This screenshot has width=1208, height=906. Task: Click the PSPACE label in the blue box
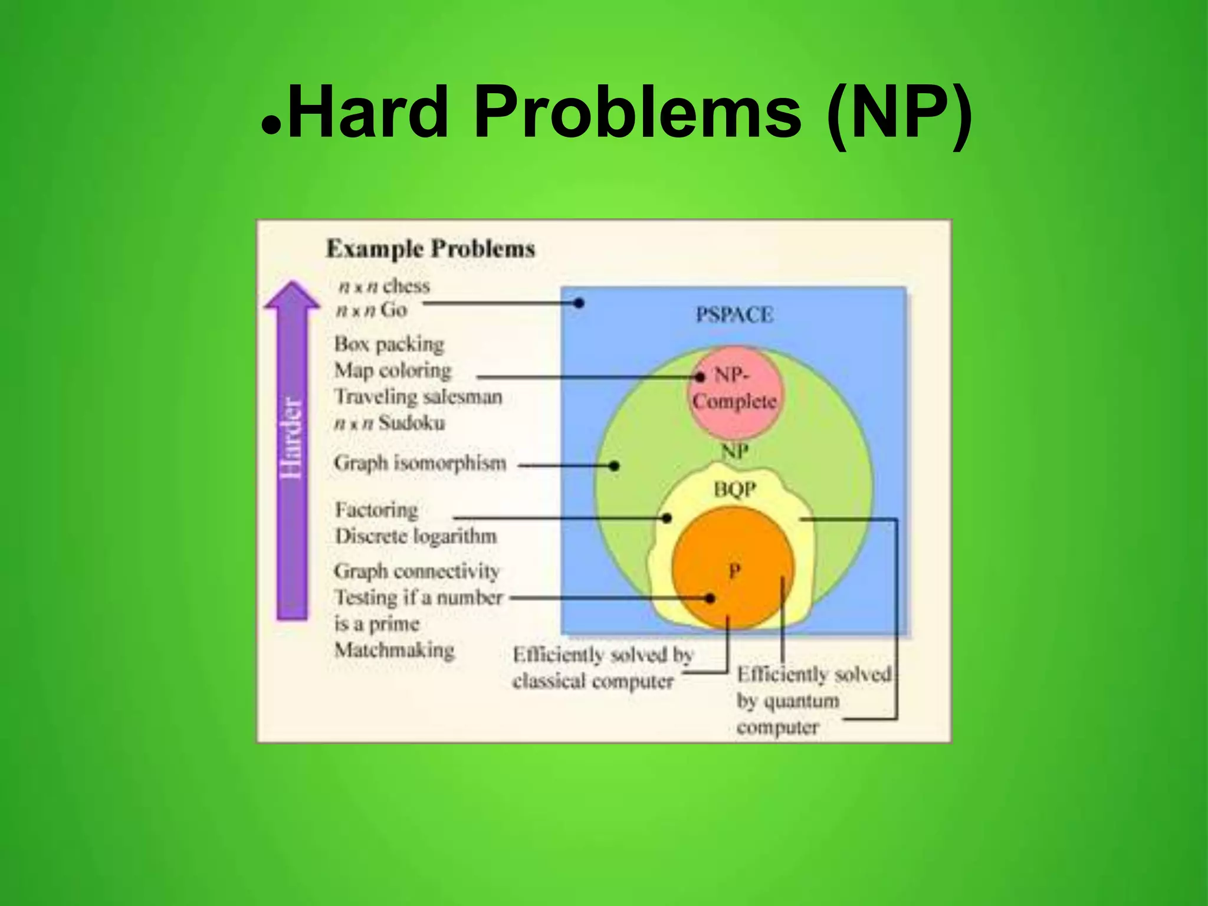click(734, 314)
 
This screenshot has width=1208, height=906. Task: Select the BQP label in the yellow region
click(734, 489)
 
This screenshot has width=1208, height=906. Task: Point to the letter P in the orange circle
click(734, 570)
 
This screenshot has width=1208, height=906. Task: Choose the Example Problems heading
click(431, 248)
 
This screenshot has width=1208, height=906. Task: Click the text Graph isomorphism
click(420, 463)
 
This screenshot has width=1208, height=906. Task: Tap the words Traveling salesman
click(418, 396)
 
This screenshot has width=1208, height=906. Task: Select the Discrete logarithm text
click(416, 536)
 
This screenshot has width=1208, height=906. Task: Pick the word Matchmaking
click(395, 650)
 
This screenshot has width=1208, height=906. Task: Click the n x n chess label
click(384, 286)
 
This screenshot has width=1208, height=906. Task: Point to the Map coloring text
click(393, 370)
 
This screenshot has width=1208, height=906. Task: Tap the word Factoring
click(376, 510)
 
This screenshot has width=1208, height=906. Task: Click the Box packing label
click(389, 344)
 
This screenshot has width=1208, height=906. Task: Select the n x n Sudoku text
click(390, 423)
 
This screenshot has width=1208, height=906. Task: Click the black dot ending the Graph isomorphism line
click(614, 465)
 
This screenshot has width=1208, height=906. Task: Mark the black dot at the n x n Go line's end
click(579, 303)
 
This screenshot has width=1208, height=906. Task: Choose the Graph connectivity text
click(416, 571)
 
